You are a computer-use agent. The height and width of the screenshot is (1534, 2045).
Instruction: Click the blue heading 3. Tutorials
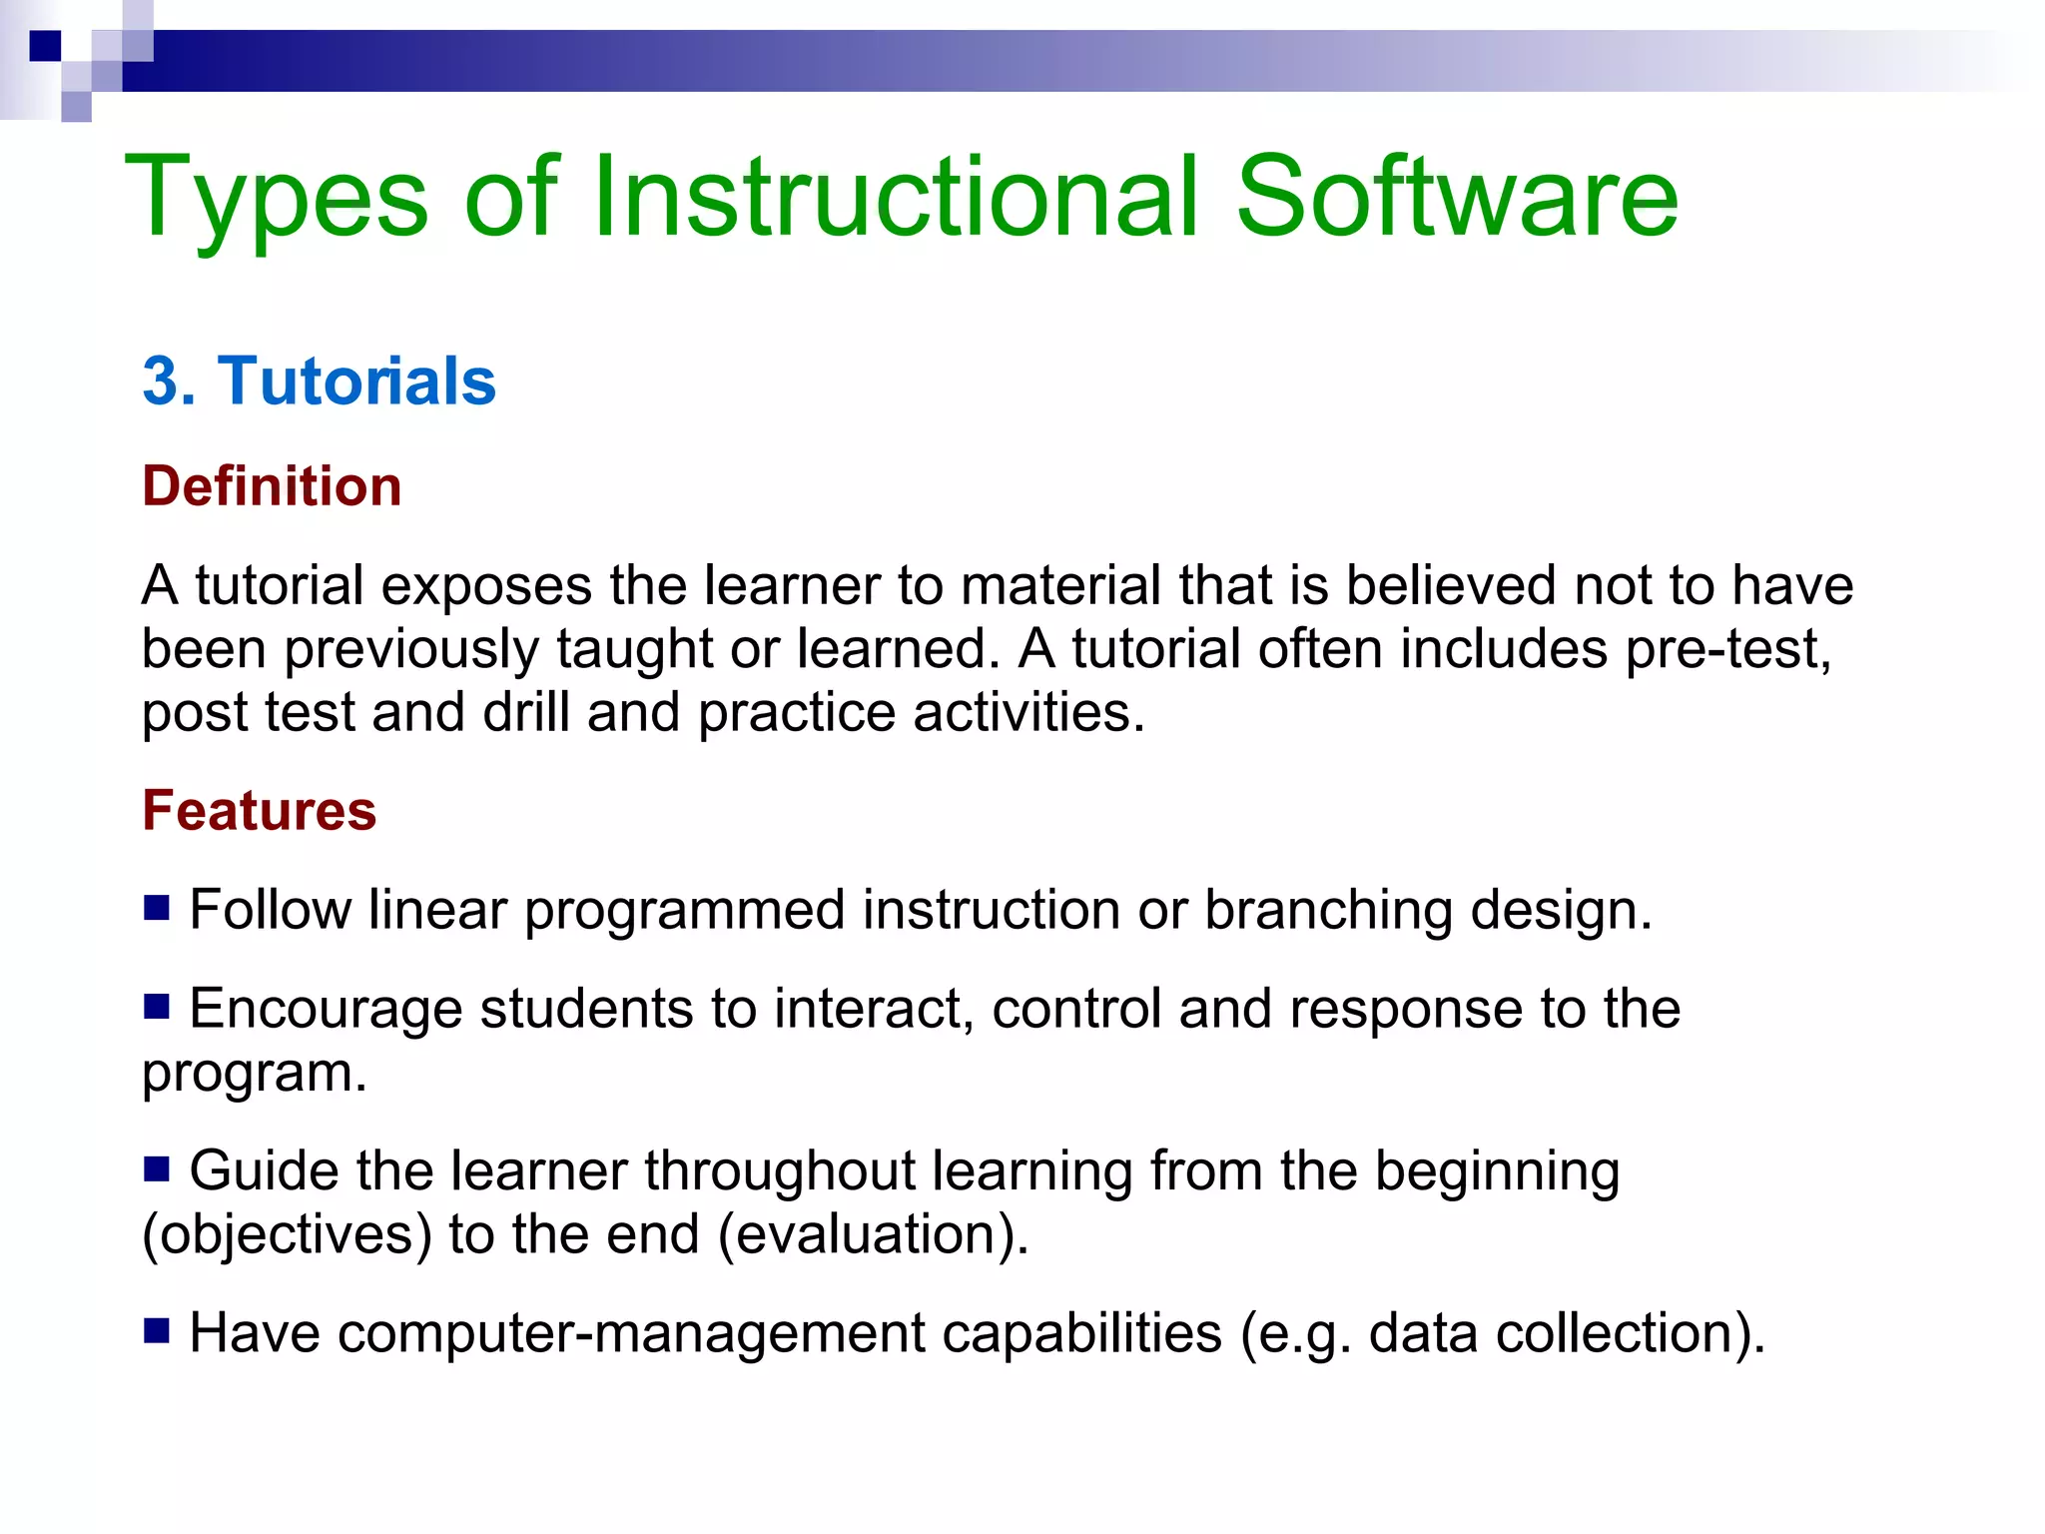pyautogui.click(x=319, y=382)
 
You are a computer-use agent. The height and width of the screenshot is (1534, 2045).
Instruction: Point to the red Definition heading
pyautogui.click(x=272, y=486)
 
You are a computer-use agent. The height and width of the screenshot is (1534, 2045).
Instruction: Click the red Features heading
pyautogui.click(x=259, y=810)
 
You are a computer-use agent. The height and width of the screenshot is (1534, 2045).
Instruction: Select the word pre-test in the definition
pyautogui.click(x=1727, y=650)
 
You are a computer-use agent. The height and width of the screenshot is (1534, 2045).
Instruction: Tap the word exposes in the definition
pyautogui.click(x=486, y=586)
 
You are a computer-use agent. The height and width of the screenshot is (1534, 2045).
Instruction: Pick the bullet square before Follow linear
pyautogui.click(x=156, y=907)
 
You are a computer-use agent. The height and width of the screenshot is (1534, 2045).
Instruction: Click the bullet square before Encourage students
pyautogui.click(x=156, y=1006)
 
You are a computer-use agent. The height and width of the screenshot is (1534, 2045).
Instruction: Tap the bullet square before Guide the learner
pyautogui.click(x=156, y=1167)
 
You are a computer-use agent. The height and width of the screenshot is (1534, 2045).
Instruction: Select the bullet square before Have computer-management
pyautogui.click(x=156, y=1330)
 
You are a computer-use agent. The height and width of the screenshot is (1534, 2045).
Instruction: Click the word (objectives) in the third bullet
pyautogui.click(x=287, y=1235)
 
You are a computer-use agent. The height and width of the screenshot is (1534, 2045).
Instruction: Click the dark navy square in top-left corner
pyautogui.click(x=45, y=46)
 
